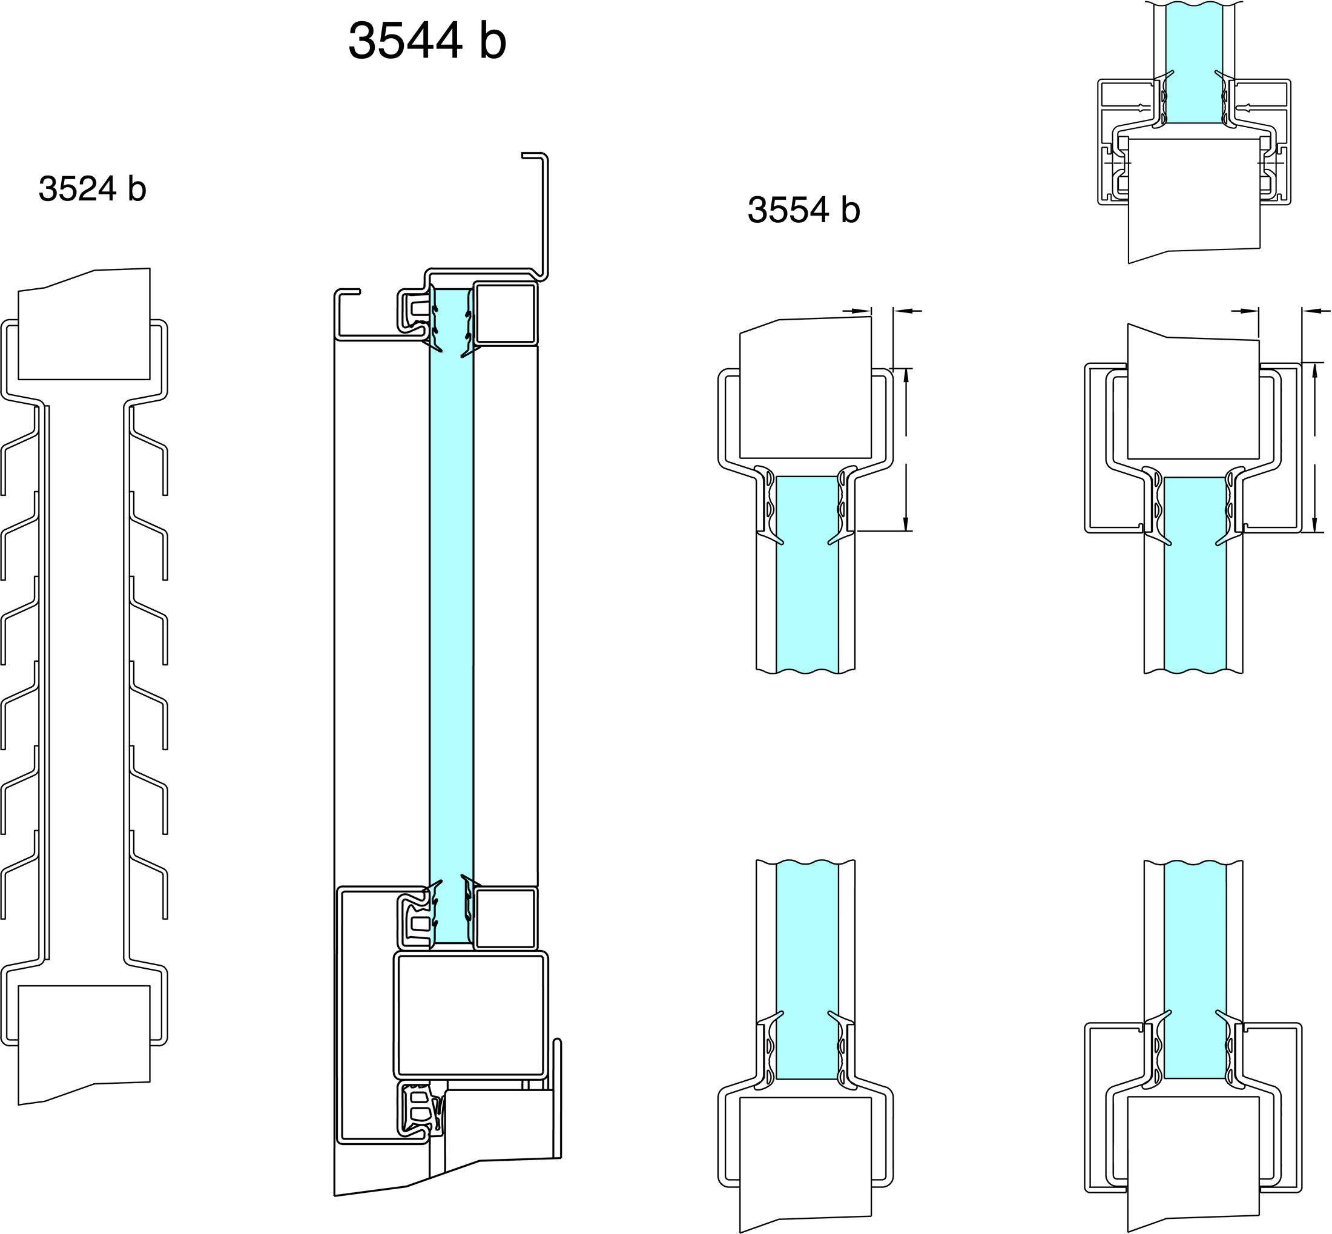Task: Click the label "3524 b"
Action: point(92,188)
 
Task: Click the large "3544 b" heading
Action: point(427,40)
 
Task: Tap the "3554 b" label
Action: point(804,210)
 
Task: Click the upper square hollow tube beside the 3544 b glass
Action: point(506,314)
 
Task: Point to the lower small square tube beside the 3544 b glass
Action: point(506,918)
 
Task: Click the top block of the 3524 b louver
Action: point(84,325)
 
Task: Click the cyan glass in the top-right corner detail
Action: point(1194,64)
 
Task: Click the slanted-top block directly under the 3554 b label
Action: point(806,388)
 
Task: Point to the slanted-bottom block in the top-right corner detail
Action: point(1195,200)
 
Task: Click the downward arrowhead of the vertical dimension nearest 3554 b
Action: point(906,524)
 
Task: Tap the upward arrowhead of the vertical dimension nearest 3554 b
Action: point(906,376)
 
